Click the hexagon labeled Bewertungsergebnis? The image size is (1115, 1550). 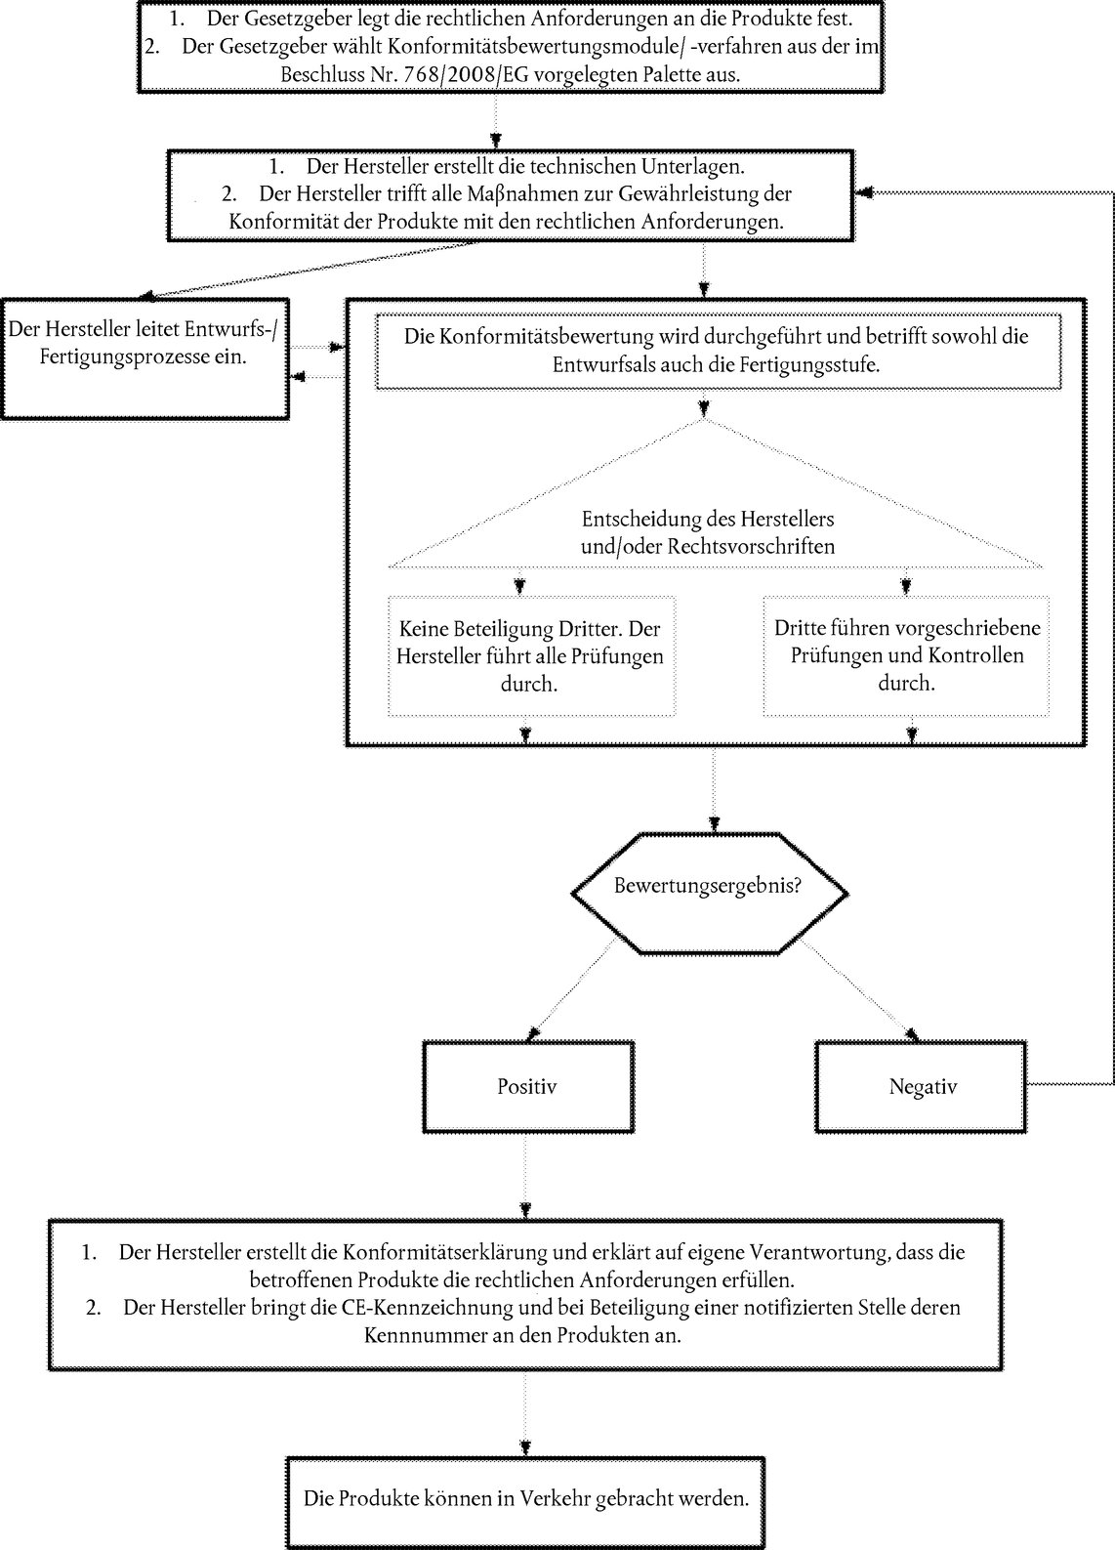pos(709,893)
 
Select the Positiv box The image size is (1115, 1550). pos(528,1086)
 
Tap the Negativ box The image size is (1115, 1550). pos(921,1086)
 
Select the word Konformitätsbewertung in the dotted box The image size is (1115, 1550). pos(547,336)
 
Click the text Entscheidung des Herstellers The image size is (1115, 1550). pos(708,519)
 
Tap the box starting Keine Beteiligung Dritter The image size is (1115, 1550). pos(530,656)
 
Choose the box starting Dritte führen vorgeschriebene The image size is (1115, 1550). pos(906,656)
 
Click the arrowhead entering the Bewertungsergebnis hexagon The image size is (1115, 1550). pos(714,825)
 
